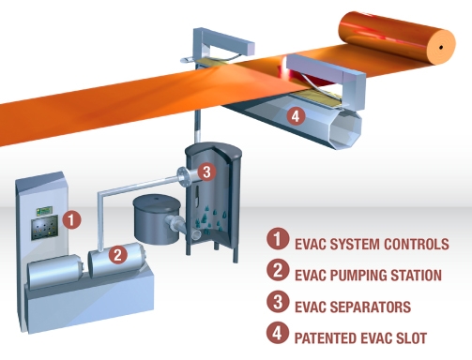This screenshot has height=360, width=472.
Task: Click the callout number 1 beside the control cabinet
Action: pos(71,219)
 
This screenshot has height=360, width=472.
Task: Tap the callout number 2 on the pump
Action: pos(118,254)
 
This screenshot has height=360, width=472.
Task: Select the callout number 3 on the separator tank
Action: pos(206,172)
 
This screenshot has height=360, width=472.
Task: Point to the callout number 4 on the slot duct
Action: pos(296,116)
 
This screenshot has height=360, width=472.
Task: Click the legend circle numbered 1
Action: pos(278,239)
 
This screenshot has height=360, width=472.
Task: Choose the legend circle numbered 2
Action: pos(278,270)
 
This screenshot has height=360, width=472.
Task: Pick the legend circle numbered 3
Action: pos(278,302)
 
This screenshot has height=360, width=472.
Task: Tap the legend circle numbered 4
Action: pos(278,333)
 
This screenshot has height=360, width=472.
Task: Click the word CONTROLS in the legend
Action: pos(417,244)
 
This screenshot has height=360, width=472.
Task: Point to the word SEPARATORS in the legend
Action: pos(371,307)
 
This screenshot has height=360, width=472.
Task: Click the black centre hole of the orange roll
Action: pos(441,48)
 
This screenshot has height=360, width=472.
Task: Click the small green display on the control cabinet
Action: pos(44,211)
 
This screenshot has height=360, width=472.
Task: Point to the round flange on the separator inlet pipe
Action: pos(182,177)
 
